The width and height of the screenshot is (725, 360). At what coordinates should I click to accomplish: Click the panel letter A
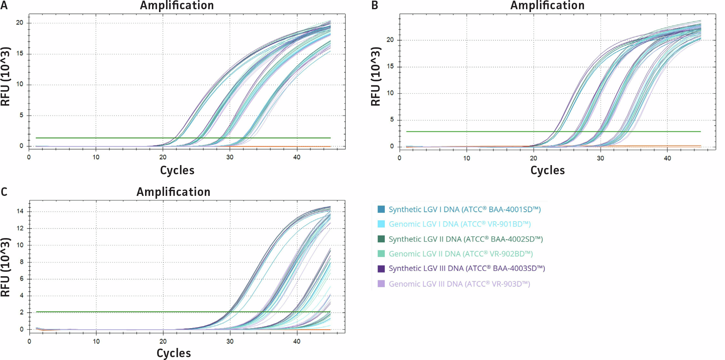tap(4, 5)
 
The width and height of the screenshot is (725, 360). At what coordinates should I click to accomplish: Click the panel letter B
tap(375, 5)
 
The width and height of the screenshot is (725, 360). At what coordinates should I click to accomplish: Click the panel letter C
tap(4, 192)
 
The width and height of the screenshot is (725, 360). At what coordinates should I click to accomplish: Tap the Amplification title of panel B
tap(547, 5)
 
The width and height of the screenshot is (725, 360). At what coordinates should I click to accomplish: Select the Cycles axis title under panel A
tap(177, 170)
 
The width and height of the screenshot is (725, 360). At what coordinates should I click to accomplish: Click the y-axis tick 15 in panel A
tap(20, 53)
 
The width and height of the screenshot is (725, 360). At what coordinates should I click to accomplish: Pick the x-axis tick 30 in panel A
tap(229, 157)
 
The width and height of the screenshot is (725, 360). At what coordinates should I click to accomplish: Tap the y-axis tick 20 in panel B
tap(390, 40)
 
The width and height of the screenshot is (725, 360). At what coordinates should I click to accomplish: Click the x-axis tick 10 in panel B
tap(466, 158)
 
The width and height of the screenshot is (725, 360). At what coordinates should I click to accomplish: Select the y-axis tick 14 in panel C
tap(20, 211)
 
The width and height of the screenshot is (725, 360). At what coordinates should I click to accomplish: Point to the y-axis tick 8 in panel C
tap(22, 262)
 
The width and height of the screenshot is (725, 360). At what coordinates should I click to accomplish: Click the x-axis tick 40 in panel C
tap(296, 341)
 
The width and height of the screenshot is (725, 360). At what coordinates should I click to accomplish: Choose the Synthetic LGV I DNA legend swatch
tap(381, 209)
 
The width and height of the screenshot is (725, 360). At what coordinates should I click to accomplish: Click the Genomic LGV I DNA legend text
tap(460, 224)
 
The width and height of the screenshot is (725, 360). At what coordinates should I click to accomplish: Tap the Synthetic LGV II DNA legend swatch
tap(381, 239)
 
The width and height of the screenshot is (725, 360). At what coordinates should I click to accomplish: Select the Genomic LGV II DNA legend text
tap(461, 254)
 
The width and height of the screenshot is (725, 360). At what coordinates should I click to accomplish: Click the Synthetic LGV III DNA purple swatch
tap(381, 269)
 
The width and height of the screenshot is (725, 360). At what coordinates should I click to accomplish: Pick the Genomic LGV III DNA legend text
tap(459, 284)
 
